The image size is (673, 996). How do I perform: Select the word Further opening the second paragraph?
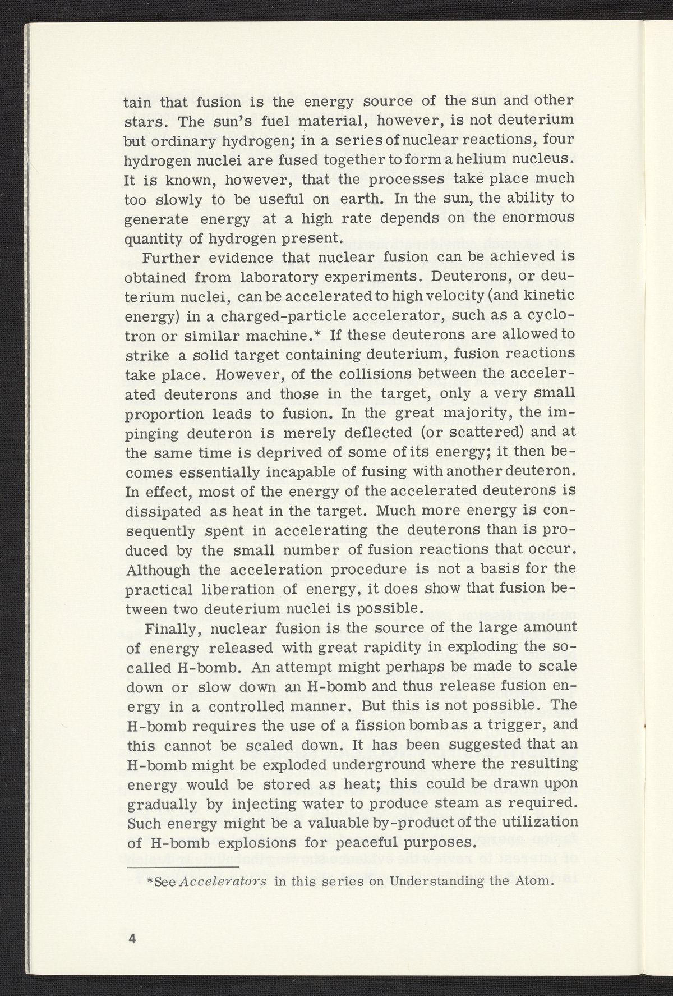[x=170, y=258]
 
